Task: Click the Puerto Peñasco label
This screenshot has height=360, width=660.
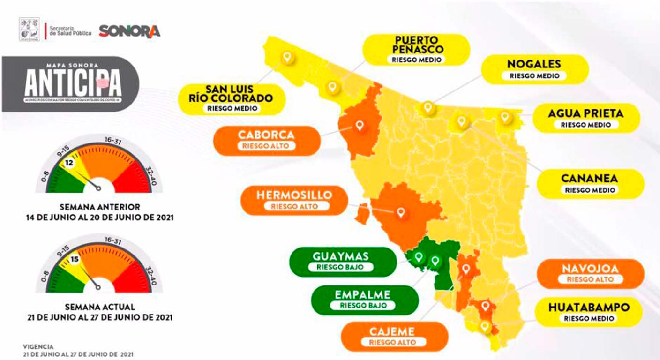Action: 416,49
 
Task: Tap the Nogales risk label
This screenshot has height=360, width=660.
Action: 534,69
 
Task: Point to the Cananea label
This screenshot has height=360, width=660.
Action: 590,183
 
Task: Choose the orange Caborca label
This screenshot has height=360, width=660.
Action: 266,140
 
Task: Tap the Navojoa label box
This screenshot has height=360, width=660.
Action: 590,274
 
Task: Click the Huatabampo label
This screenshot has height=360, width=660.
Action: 589,312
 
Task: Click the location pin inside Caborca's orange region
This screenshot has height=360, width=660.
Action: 360,126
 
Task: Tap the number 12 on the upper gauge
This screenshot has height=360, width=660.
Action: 69,164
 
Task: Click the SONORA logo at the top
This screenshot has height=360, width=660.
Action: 129,31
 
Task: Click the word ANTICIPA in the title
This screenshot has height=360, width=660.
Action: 73,85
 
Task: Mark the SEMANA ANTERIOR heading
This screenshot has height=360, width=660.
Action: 100,207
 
